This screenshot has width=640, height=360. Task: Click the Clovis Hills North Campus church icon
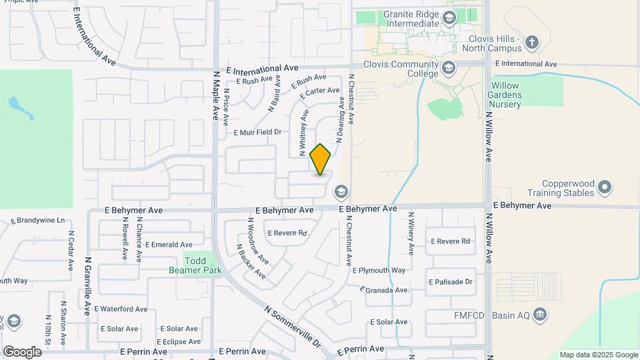[531, 43]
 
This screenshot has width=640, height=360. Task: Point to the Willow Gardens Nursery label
[515, 95]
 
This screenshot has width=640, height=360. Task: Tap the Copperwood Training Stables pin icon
[605, 187]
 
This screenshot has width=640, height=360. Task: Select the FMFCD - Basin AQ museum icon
[541, 313]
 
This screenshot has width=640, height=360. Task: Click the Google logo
[22, 351]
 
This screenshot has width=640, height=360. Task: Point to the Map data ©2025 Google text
[599, 355]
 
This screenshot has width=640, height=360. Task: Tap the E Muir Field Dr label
[257, 133]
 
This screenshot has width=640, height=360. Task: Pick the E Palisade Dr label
[451, 282]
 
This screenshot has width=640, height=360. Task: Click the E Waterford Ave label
[121, 309]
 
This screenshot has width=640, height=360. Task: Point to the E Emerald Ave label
[169, 245]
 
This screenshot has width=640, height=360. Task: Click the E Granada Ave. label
[384, 291]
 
